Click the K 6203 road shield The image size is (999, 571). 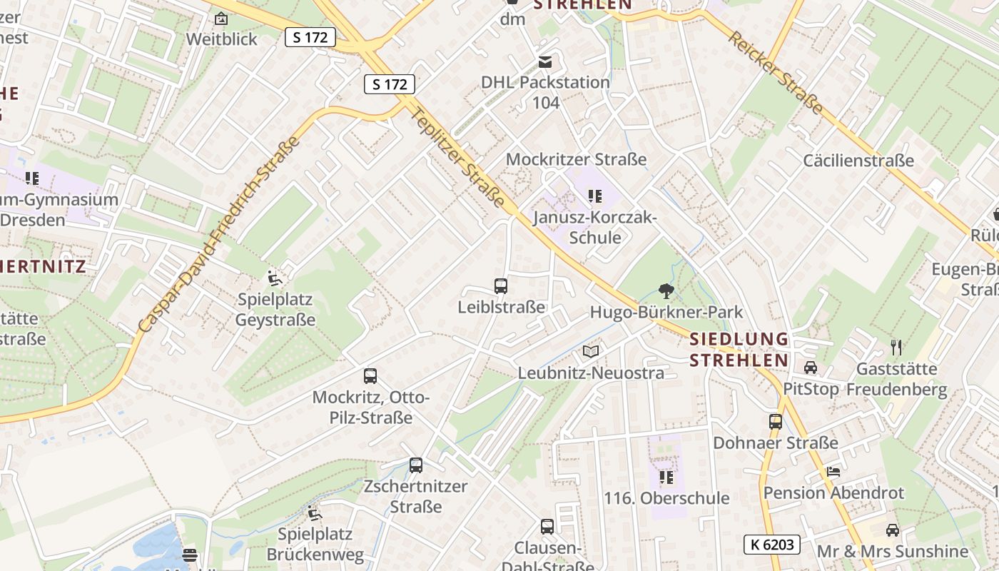click(x=771, y=545)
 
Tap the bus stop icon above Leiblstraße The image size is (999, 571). click(x=501, y=286)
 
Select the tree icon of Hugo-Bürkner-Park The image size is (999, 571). click(x=666, y=290)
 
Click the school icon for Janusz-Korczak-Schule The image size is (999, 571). click(x=594, y=196)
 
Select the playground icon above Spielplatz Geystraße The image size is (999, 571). click(x=275, y=278)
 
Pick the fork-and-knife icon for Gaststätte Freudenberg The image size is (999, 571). click(x=896, y=348)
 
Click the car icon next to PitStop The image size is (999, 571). click(x=811, y=368)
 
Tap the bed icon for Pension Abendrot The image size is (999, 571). click(x=833, y=472)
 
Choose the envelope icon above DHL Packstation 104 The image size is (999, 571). click(x=545, y=62)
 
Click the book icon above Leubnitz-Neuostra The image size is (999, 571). click(x=591, y=352)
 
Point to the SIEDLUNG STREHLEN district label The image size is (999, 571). click(x=739, y=349)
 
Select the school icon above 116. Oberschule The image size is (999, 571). click(x=666, y=477)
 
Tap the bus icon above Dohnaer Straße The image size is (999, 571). click(x=776, y=422)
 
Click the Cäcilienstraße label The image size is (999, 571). click(x=858, y=160)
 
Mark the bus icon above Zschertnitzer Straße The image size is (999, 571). click(x=416, y=465)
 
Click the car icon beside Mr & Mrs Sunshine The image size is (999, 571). click(x=892, y=530)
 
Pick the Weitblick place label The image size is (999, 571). click(x=221, y=39)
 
